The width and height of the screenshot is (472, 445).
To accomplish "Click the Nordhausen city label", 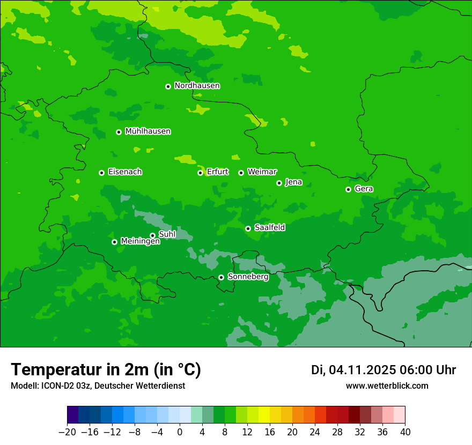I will point(197,86).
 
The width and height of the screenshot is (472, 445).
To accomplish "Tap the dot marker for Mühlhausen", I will point(119,132).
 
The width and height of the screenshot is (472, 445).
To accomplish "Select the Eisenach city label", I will point(125,172).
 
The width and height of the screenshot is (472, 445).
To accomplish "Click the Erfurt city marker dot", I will point(200,173).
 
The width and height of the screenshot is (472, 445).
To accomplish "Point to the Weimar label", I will point(262,172).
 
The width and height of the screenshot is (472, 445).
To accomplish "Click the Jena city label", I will point(293,182).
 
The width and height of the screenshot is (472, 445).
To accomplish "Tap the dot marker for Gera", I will point(348,189).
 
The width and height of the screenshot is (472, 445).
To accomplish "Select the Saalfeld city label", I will point(269,228).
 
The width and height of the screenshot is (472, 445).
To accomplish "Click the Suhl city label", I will point(167,234).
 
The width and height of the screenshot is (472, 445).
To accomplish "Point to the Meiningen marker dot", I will point(114,242).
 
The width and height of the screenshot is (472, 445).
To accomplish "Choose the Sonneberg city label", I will point(248,277).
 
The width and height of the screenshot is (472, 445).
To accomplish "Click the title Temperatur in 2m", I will point(106,370).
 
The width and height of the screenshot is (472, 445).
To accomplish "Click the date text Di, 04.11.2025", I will point(353,370).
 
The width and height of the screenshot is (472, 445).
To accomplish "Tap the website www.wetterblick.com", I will point(387,385).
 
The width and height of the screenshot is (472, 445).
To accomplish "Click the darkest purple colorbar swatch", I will point(72,415).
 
